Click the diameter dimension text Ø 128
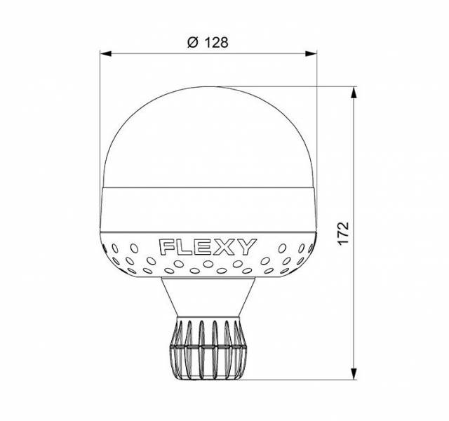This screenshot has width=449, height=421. tap(208, 42)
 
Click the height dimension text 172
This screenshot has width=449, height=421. tap(343, 233)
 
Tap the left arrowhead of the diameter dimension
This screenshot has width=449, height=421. tap(106, 53)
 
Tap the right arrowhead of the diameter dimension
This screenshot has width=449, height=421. tap(311, 53)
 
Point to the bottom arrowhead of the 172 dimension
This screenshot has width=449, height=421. tap(354, 374)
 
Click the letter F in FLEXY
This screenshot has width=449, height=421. tap(168, 248)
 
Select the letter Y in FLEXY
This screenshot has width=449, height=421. tap(247, 247)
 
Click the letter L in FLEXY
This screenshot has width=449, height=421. tap(185, 248)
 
